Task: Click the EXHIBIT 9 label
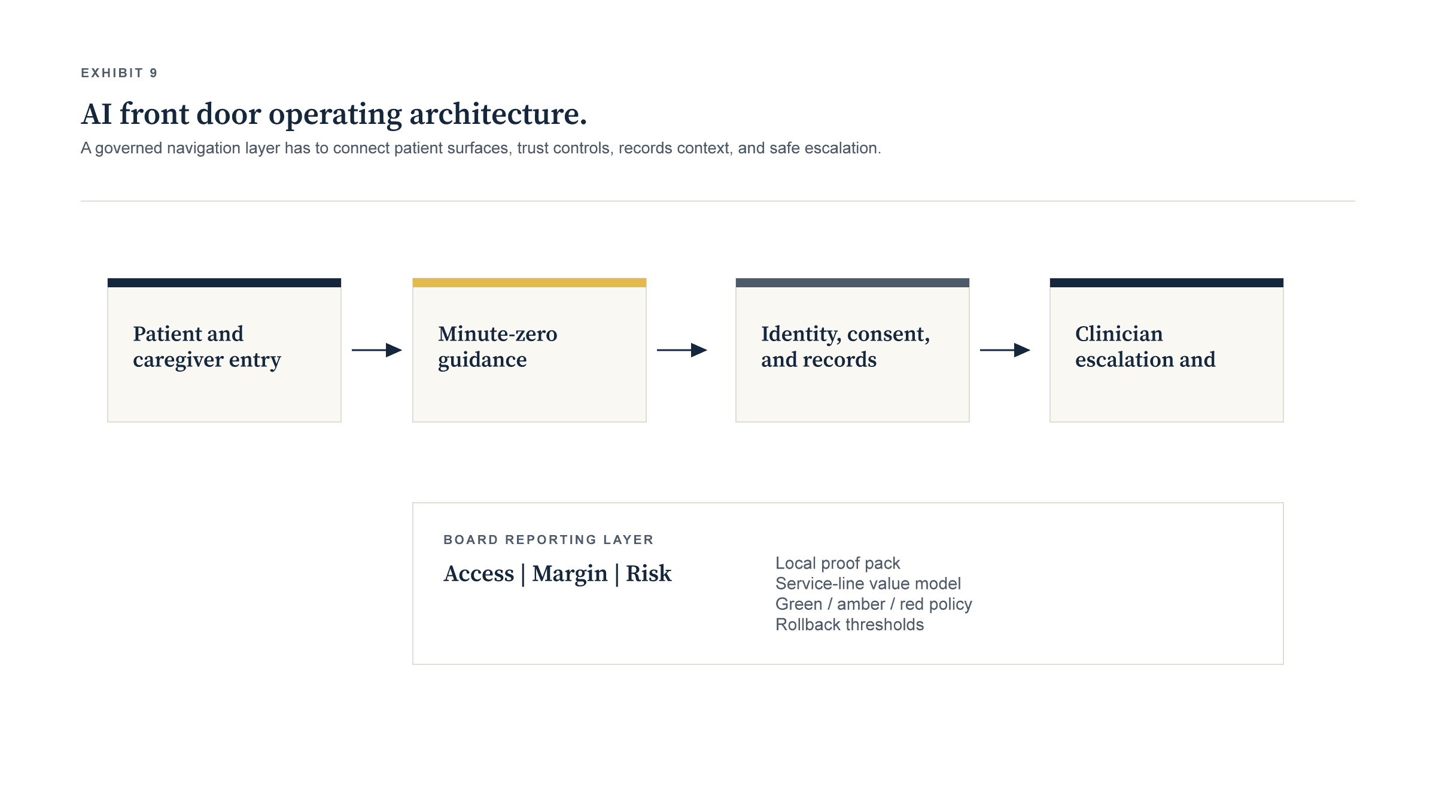point(119,73)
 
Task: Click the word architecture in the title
point(498,114)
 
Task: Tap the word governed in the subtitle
point(128,148)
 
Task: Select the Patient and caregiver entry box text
point(206,347)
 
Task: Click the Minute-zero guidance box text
point(497,347)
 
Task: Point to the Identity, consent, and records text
point(845,347)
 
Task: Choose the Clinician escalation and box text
point(1145,347)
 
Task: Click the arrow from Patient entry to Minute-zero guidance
point(377,350)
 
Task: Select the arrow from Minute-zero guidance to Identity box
point(682,350)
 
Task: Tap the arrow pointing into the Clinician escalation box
point(1005,350)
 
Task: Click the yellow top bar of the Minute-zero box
point(529,283)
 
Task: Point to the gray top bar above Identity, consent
point(852,283)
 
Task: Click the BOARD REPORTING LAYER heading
point(548,540)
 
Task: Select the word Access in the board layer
point(479,573)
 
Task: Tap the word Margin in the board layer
point(570,573)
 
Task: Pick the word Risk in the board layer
point(649,573)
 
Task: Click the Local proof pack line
point(837,563)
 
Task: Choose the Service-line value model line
point(868,584)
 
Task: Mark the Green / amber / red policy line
point(874,604)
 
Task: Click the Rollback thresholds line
point(850,624)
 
